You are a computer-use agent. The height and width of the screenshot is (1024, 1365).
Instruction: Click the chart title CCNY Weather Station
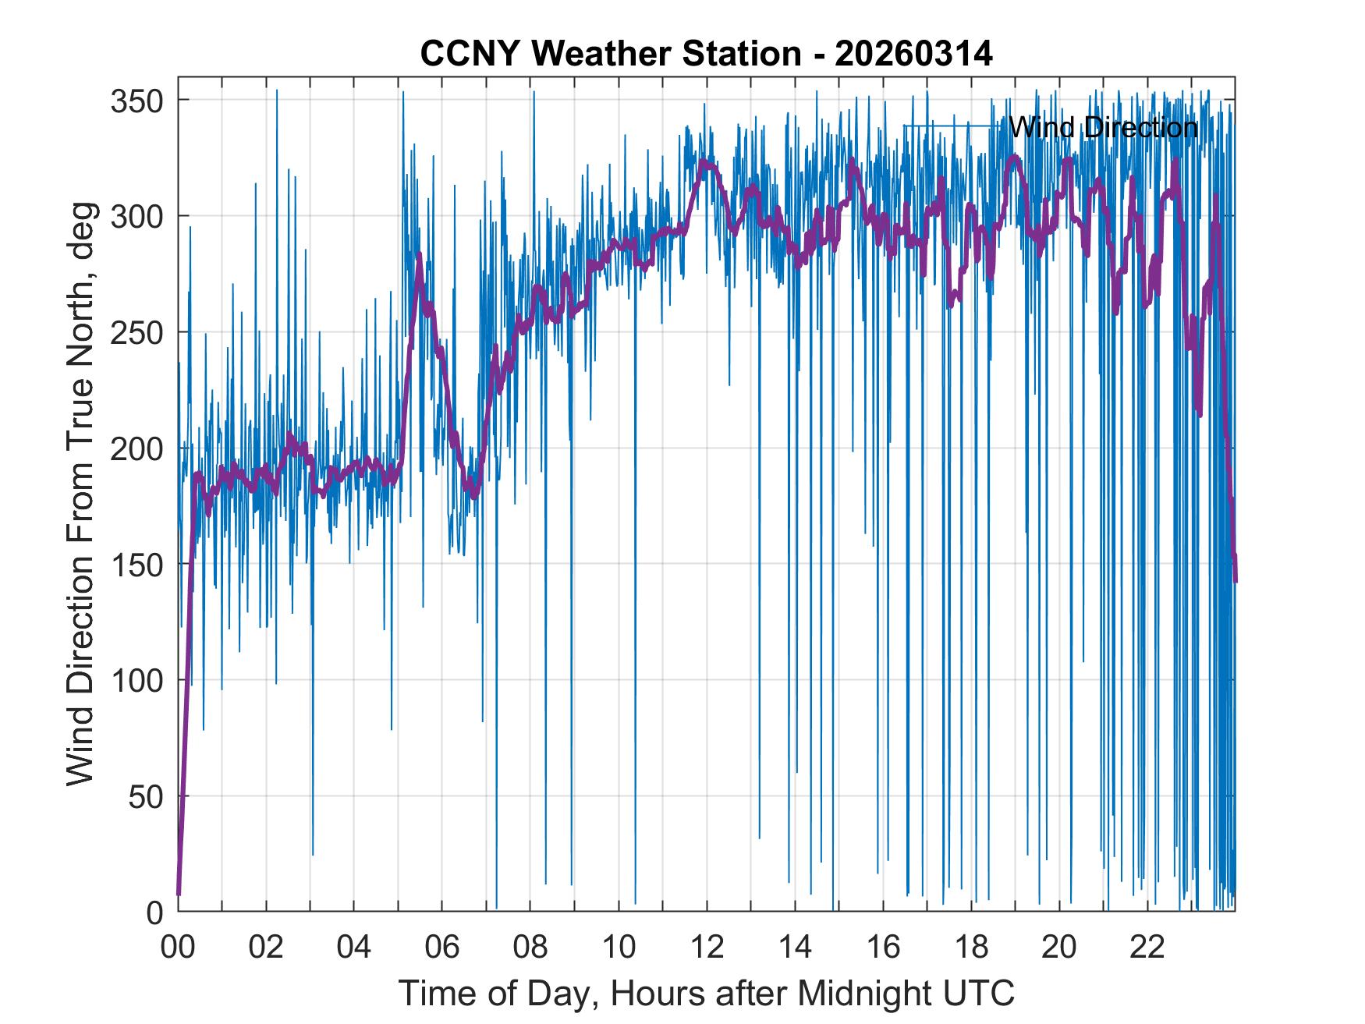[611, 54]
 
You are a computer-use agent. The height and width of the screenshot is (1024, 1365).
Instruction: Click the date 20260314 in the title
[913, 54]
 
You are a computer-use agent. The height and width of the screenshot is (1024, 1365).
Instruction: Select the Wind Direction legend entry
[1103, 127]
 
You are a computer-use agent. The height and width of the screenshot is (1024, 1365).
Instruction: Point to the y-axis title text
[80, 494]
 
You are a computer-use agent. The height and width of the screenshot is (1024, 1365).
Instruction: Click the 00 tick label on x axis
[179, 948]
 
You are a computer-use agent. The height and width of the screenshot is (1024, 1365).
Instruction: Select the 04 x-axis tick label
[354, 948]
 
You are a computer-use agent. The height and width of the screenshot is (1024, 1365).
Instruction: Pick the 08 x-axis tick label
[530, 948]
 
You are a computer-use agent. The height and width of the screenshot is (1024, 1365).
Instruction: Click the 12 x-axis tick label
[707, 948]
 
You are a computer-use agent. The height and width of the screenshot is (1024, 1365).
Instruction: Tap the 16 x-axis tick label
[883, 948]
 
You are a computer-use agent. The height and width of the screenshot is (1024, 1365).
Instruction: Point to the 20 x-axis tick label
[1059, 948]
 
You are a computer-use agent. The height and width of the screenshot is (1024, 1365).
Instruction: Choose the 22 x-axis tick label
[1147, 948]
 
